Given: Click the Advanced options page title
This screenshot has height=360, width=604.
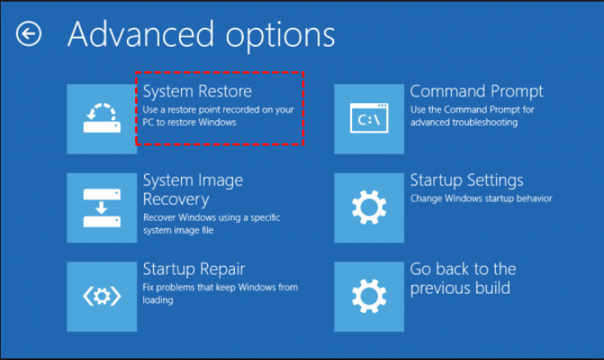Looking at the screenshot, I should (x=201, y=34).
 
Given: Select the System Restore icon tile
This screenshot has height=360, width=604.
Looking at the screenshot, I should (x=102, y=118).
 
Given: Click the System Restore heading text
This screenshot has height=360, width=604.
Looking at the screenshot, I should (x=197, y=90).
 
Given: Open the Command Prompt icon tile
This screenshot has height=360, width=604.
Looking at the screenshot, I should (x=369, y=118).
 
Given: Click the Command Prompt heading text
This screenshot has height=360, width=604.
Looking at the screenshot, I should (x=476, y=91).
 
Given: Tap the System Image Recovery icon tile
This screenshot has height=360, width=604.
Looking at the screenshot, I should (x=102, y=207).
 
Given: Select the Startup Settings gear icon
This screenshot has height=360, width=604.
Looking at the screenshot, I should (x=369, y=207).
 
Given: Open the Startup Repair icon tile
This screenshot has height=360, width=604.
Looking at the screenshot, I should (x=102, y=296).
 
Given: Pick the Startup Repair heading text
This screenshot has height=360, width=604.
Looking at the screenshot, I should (x=194, y=269).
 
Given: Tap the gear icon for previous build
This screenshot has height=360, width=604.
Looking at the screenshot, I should (x=369, y=296).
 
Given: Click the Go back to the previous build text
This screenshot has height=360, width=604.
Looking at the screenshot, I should (x=463, y=278).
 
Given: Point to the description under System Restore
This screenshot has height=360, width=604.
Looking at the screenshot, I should (x=218, y=115).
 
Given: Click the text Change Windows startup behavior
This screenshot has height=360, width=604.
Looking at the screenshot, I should (x=481, y=198).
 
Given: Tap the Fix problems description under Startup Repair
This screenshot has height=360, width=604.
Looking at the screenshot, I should (x=220, y=293).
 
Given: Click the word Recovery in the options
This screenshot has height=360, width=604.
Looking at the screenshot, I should (x=176, y=199).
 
